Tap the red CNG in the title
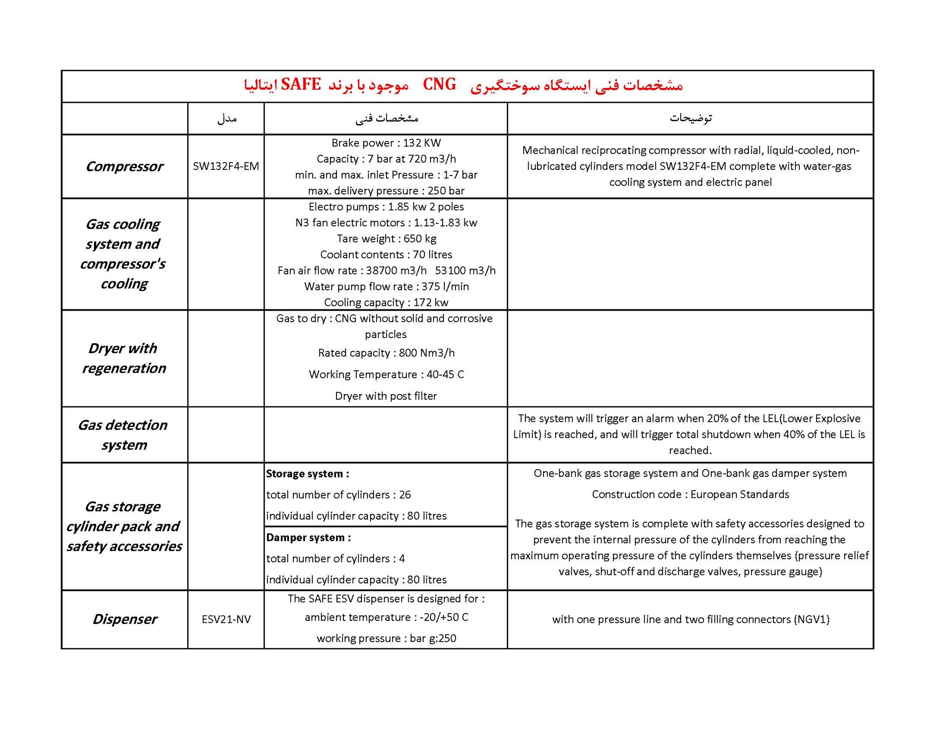click(439, 85)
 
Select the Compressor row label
click(124, 166)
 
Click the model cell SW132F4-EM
click(226, 166)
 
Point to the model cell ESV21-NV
click(226, 619)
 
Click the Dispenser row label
click(124, 619)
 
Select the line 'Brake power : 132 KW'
click(386, 143)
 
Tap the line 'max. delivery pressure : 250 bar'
click(386, 191)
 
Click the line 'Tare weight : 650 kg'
click(386, 238)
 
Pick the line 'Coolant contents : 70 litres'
click(386, 254)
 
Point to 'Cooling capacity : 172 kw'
click(386, 302)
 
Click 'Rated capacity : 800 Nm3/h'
click(386, 353)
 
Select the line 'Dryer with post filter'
click(386, 396)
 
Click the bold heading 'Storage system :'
click(307, 474)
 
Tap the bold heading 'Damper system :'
click(308, 538)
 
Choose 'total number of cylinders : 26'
click(338, 495)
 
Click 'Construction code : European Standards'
click(690, 494)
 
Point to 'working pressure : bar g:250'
click(386, 638)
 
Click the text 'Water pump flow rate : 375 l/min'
click(386, 286)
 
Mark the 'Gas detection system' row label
click(123, 435)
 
